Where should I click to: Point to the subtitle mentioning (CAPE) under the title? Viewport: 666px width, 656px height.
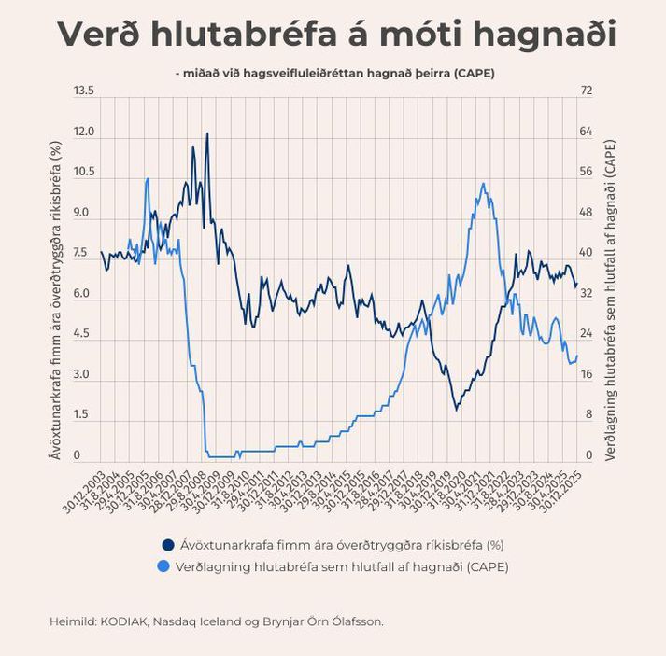(333, 72)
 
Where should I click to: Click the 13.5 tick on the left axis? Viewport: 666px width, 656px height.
(84, 91)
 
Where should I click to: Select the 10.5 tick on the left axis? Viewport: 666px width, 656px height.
(84, 172)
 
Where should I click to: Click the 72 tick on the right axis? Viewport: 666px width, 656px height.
(587, 91)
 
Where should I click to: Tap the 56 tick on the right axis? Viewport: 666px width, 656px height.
(587, 172)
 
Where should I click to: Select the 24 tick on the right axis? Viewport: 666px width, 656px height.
(587, 334)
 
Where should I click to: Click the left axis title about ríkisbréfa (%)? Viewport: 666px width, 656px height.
(55, 300)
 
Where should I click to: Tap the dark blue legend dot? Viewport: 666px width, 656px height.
(168, 545)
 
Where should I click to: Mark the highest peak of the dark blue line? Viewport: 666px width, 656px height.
(206, 133)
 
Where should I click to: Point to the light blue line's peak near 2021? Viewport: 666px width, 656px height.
(483, 184)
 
